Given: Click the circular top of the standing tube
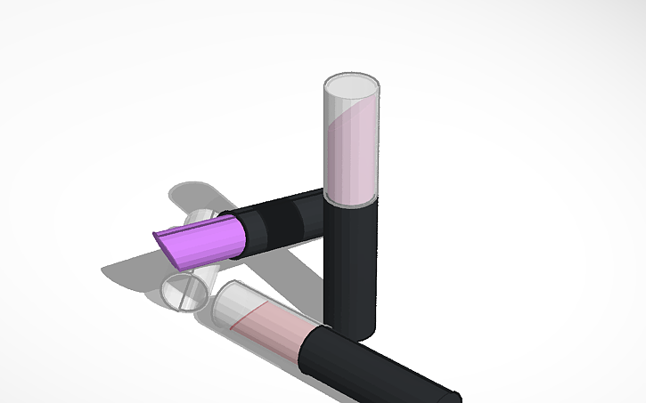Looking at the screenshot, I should point(350,87).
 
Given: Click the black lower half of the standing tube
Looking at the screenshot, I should point(350,267).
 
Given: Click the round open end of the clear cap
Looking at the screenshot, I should point(184,293).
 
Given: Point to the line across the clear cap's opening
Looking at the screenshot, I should point(185,293).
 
